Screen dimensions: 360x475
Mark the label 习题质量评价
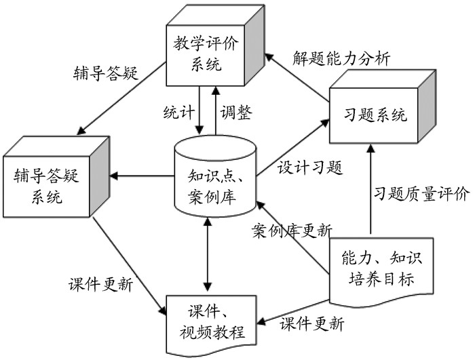(421, 195)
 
